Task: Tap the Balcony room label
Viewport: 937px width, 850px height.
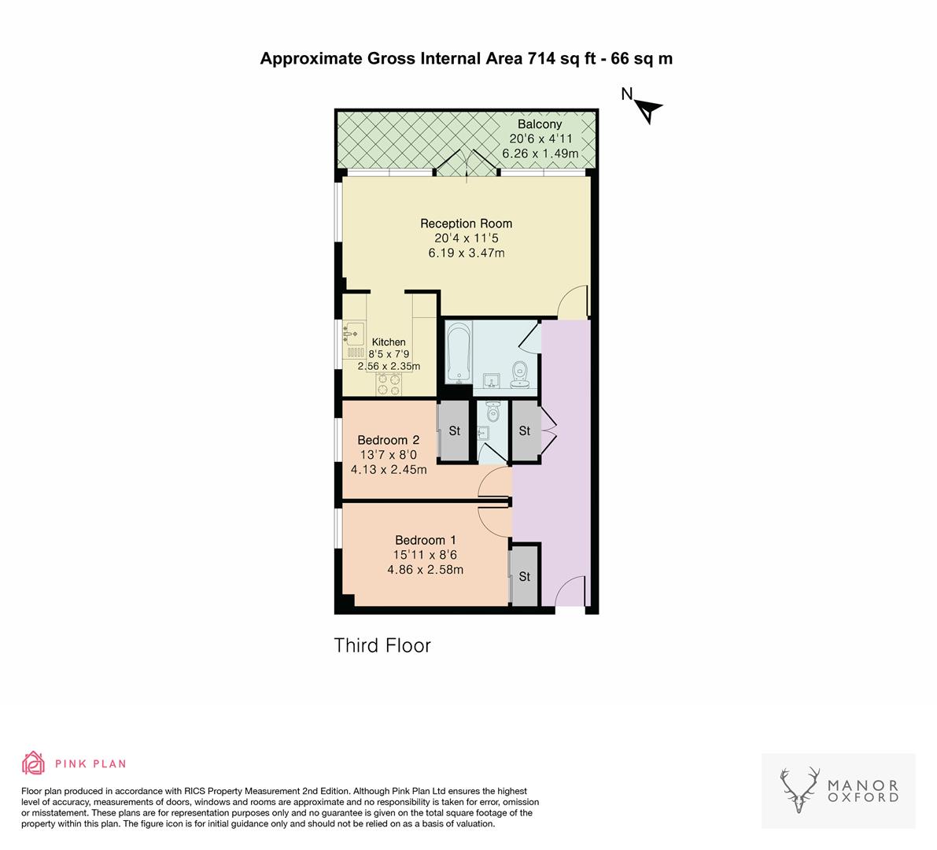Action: (540, 124)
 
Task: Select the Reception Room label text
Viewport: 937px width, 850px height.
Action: (466, 224)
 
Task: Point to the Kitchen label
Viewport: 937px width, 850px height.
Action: (389, 342)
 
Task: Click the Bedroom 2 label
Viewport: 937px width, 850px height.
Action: (388, 440)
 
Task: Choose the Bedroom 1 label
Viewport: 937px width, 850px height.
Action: (425, 540)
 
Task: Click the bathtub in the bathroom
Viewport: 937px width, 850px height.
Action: (459, 353)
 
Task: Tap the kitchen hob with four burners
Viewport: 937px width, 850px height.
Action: (388, 383)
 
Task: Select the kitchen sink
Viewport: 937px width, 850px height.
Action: (352, 334)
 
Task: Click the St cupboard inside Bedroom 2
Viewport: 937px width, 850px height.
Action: (455, 431)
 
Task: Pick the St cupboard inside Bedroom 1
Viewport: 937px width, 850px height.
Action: (525, 577)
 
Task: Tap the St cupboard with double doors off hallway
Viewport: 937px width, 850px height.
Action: (525, 431)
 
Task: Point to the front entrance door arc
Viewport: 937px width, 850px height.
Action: (570, 592)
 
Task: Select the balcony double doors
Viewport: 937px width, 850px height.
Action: (467, 164)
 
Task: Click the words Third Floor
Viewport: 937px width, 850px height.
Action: (382, 646)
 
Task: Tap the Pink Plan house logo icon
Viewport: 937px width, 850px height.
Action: (34, 763)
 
